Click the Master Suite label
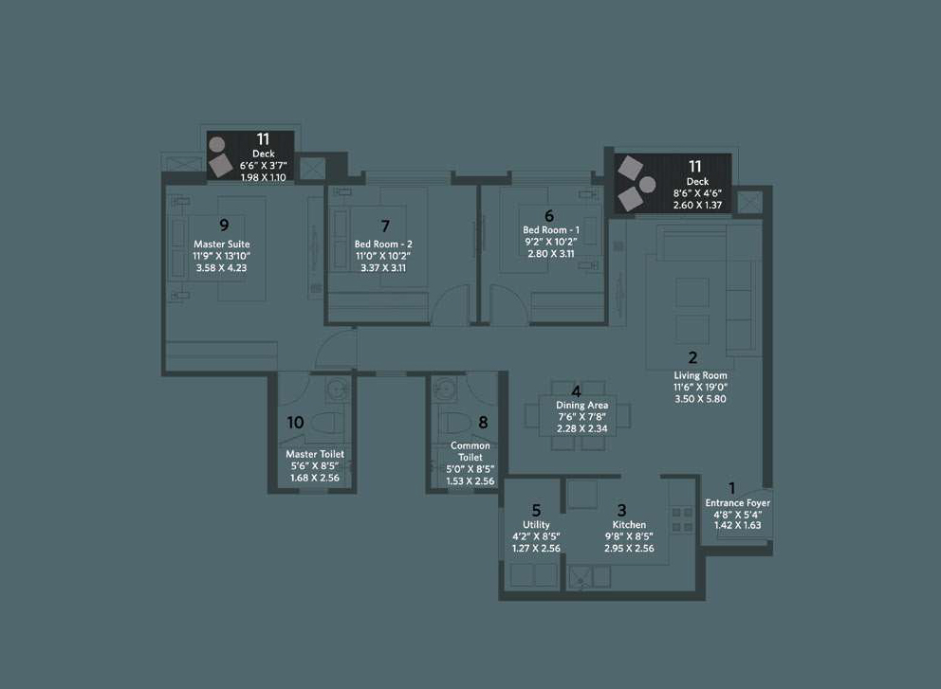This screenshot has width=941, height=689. coord(221,245)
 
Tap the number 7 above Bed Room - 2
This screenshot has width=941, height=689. coord(385,227)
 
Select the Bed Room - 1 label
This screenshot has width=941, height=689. coord(551,229)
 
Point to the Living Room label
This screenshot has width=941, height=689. coord(700,375)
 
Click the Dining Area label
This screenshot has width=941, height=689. coord(581,406)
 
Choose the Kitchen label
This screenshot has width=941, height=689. coord(629,525)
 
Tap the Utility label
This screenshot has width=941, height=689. coord(536,525)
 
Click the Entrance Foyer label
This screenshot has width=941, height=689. coord(738,503)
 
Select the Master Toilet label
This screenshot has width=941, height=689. coord(315,455)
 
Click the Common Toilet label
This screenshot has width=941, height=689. coord(470,451)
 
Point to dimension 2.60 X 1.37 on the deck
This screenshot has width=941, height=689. coord(697,205)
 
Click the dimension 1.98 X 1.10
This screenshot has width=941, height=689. coord(264,177)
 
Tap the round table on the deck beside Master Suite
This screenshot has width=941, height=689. coord(216,144)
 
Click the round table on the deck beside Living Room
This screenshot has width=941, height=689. coord(648,185)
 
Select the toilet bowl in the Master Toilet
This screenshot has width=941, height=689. coord(327,422)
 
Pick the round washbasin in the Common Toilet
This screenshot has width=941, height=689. coord(445,390)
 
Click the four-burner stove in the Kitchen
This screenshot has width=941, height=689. coord(682,519)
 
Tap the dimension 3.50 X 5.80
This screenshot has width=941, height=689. coord(700,399)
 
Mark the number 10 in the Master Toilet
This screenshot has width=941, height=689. coord(295,423)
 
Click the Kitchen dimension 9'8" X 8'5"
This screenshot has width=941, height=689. coord(629,536)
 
